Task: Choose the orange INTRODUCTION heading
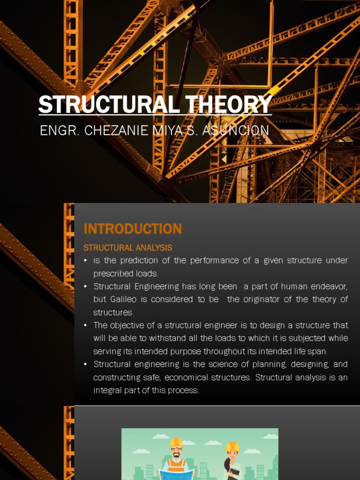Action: tap(133, 229)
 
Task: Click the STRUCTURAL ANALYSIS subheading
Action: tap(127, 247)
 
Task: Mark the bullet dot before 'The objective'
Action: tap(85, 325)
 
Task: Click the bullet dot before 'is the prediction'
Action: tap(85, 261)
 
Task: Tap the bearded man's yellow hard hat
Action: tap(176, 442)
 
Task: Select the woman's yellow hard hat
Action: tap(232, 446)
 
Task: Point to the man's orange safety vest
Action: tap(176, 465)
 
